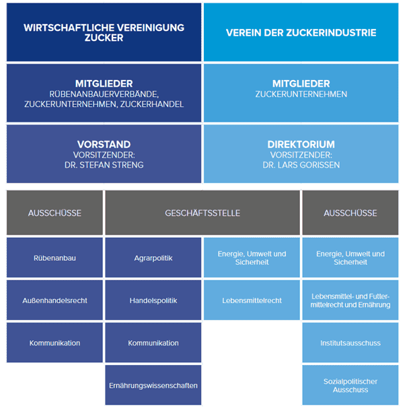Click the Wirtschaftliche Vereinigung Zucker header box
[104, 32]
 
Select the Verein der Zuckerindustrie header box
[301, 32]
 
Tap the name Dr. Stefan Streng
[104, 163]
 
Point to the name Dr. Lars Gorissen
[301, 163]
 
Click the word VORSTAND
[104, 144]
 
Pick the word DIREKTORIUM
[301, 144]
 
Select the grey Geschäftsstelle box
[202, 213]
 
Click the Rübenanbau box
[54, 257]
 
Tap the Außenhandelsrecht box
[54, 300]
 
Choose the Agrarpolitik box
[153, 257]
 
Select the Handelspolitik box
[153, 300]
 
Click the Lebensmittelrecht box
[251, 300]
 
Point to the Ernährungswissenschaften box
[153, 385]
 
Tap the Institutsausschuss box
[350, 343]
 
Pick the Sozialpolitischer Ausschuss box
[350, 385]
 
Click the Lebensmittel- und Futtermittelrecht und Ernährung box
[350, 300]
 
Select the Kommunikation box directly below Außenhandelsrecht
[54, 343]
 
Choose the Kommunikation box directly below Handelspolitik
[153, 343]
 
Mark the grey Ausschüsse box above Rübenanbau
[54, 213]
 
